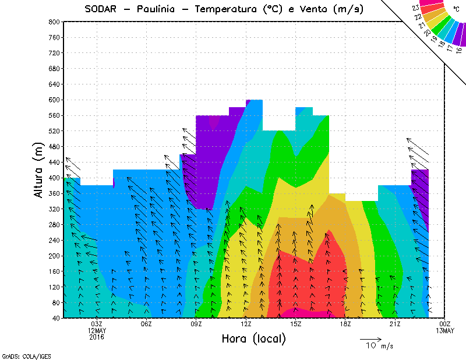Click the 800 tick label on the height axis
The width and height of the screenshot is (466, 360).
(54, 22)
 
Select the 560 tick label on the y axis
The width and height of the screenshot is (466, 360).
(54, 115)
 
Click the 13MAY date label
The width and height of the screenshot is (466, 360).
(445, 331)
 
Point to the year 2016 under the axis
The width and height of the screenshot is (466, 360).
(97, 337)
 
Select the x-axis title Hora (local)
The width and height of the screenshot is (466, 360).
(253, 339)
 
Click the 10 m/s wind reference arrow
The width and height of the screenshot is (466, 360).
(370, 338)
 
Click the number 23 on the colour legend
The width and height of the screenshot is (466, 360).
(415, 8)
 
